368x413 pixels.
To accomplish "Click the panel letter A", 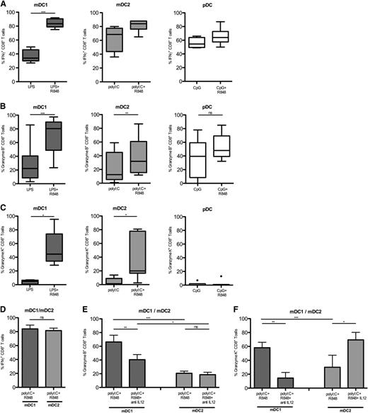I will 4,5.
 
